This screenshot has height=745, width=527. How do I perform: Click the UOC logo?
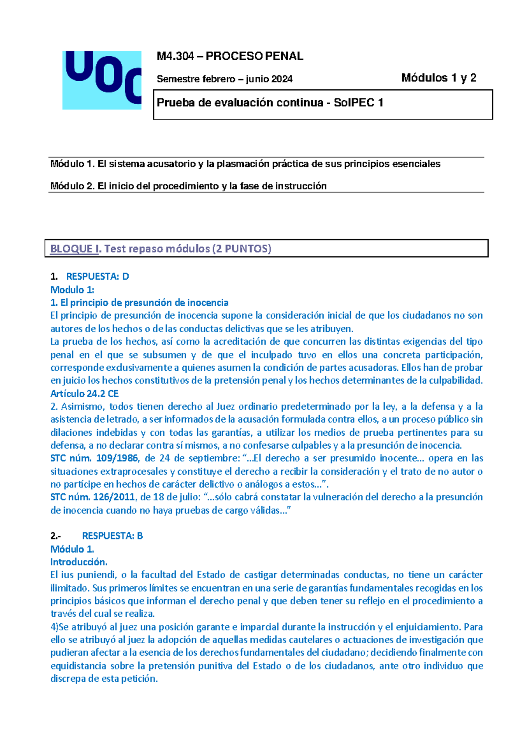point(102,80)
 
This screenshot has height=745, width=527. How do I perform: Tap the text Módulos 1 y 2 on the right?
point(438,78)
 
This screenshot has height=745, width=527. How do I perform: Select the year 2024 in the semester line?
point(282,79)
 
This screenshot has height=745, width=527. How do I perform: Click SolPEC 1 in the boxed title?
point(358,103)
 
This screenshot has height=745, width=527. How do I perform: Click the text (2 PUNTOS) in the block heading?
point(242,249)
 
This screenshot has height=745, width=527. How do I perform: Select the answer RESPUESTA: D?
point(97,276)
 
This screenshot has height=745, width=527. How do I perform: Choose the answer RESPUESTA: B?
point(112,535)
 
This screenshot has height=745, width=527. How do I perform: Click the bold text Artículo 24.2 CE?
point(84,393)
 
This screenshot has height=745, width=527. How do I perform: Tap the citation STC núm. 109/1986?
point(94,458)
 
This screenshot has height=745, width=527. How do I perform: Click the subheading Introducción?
point(79,562)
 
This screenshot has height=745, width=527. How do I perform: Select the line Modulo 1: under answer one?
point(72,289)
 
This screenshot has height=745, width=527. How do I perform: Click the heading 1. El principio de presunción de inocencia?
point(139,302)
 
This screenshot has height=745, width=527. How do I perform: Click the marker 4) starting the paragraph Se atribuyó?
point(54,627)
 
